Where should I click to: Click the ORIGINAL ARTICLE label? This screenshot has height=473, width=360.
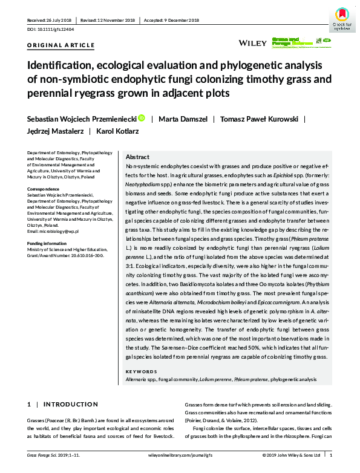click(61, 45)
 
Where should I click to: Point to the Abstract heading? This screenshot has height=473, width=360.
click(137, 156)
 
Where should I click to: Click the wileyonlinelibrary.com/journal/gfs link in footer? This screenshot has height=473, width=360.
click(180, 455)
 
